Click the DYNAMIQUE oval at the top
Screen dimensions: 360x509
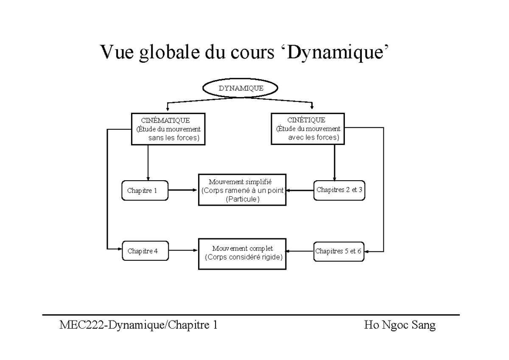(241, 88)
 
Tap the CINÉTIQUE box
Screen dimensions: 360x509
(308, 129)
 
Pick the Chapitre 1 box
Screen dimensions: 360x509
(144, 190)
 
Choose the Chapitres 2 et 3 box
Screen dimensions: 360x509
(339, 190)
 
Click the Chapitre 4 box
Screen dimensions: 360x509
(145, 251)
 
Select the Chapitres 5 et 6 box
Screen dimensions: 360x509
(338, 251)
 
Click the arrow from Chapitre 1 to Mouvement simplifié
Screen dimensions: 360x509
(183, 190)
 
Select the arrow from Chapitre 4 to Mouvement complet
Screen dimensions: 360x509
(183, 251)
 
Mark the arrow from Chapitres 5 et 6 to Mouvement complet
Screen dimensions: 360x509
(299, 251)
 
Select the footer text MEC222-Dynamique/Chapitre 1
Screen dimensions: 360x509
(139, 326)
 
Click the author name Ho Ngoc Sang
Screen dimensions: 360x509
(400, 326)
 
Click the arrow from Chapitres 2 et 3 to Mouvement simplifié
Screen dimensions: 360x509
(299, 190)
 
